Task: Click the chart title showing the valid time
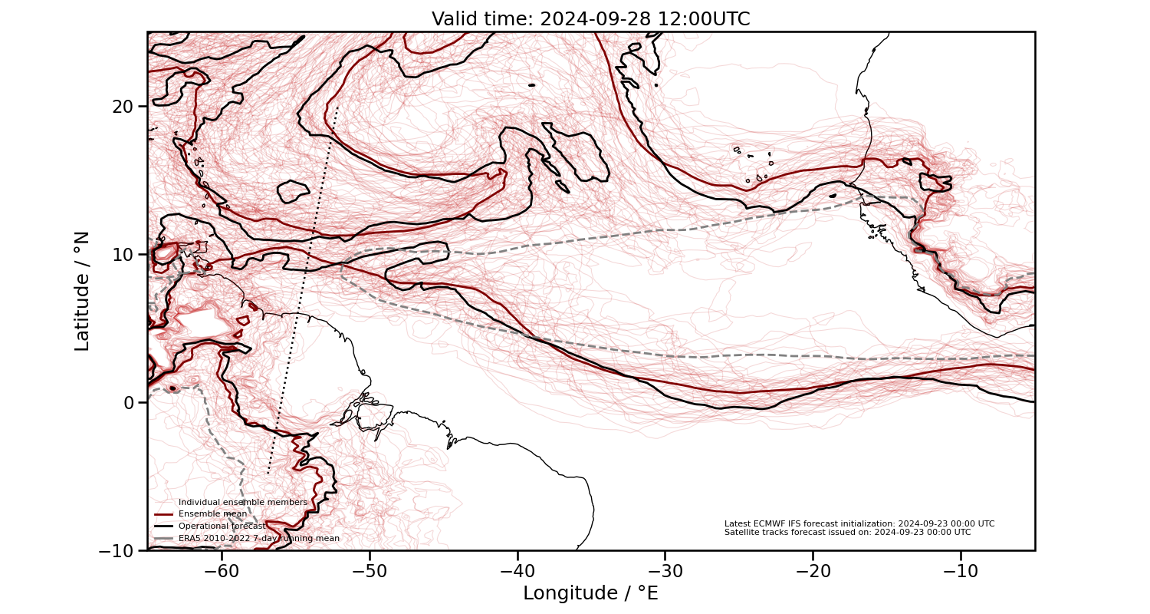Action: [590, 19]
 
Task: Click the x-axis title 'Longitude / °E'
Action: [590, 593]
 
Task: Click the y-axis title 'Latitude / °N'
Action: [82, 291]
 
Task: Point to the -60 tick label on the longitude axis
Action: [222, 571]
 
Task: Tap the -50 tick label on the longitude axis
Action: [370, 571]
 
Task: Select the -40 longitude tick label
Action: [517, 571]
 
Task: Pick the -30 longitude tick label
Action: [665, 571]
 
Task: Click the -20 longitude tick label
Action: [813, 571]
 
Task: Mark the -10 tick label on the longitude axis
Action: [960, 571]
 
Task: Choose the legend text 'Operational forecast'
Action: [222, 527]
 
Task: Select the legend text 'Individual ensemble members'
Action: [243, 502]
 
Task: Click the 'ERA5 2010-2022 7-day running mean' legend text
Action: [259, 539]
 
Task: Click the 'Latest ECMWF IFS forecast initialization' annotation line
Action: [859, 523]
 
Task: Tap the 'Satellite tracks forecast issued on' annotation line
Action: [847, 532]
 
